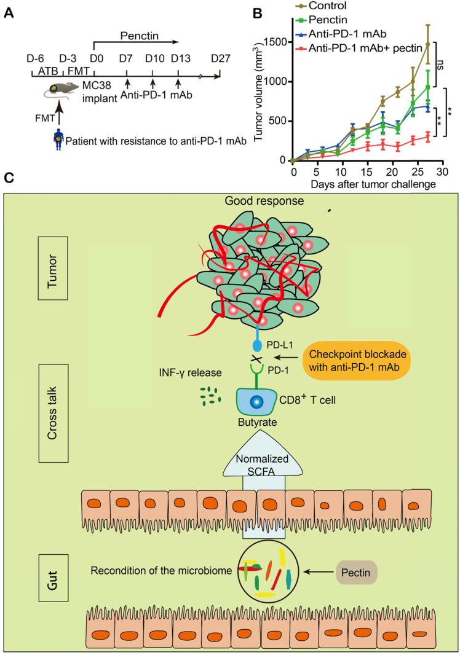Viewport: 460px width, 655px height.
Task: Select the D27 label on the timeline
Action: coord(220,58)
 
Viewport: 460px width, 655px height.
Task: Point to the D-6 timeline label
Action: coord(35,58)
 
